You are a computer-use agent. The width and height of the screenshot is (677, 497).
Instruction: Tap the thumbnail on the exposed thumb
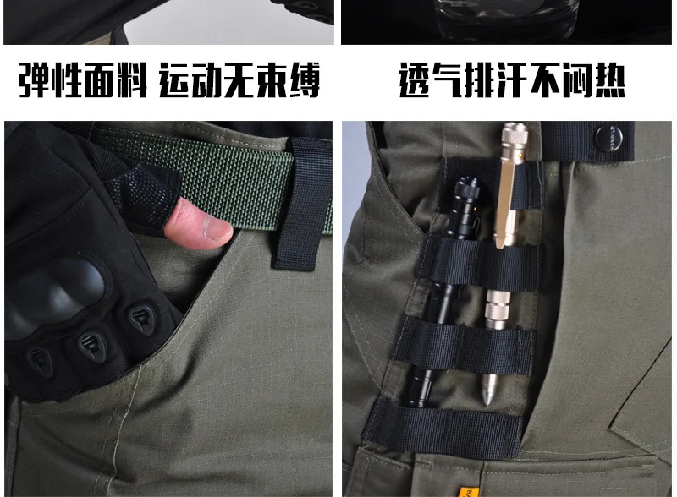coord(218,229)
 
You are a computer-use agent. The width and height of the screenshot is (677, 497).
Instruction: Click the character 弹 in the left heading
coord(34,79)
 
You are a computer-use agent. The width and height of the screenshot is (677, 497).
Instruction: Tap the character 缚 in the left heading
coord(305,80)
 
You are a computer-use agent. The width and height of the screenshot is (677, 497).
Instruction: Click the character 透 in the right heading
coord(415,80)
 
